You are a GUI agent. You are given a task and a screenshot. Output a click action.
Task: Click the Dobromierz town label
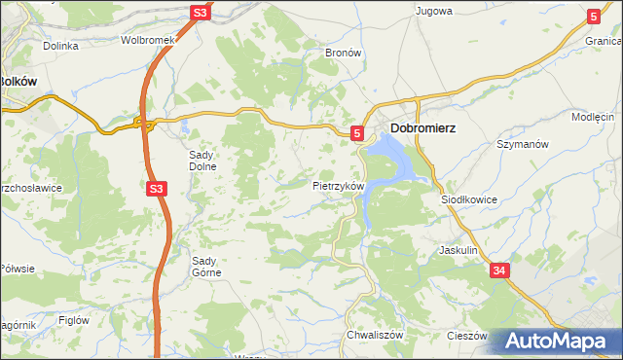423,127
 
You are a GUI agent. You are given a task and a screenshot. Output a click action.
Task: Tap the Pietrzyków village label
338,185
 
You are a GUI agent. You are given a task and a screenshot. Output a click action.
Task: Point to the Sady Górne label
206,266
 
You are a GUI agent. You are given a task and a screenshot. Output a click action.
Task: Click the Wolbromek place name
146,41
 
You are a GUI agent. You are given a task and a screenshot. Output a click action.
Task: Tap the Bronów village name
343,53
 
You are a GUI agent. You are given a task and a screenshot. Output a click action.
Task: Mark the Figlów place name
74,319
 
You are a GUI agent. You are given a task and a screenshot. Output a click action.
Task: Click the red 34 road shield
499,270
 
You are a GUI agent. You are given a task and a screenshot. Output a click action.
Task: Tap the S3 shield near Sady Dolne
156,191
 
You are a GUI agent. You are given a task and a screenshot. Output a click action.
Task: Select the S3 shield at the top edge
200,13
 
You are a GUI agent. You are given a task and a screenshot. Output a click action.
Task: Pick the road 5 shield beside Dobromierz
357,132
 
